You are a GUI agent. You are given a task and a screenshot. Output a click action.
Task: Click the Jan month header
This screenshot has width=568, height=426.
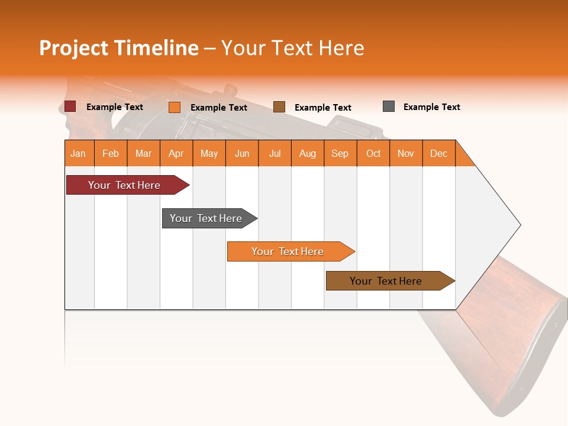(x=79, y=153)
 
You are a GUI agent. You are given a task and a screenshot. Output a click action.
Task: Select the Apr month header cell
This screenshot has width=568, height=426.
(x=176, y=153)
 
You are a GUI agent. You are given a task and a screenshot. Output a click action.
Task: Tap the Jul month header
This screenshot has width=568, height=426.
(x=275, y=153)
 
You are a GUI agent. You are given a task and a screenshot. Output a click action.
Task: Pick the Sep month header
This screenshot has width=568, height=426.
(x=340, y=153)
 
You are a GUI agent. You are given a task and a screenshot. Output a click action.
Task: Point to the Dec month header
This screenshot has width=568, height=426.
(x=438, y=153)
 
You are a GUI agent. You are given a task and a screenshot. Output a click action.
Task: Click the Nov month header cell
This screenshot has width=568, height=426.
(x=405, y=153)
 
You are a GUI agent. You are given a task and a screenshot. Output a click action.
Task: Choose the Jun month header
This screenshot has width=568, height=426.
(x=242, y=153)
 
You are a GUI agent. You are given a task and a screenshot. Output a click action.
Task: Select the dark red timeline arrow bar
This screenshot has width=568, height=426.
(x=124, y=185)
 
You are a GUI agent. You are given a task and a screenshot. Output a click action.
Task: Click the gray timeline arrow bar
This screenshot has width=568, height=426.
(x=206, y=218)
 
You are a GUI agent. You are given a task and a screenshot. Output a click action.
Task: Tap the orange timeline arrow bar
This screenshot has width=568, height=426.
(x=288, y=251)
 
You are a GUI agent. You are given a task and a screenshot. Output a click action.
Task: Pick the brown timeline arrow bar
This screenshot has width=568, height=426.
(x=386, y=281)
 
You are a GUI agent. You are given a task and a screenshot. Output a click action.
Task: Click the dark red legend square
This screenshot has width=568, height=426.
(x=70, y=106)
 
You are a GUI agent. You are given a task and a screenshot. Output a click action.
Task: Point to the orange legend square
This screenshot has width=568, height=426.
(x=175, y=107)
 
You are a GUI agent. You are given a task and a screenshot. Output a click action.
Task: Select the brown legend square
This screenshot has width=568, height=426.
(x=279, y=107)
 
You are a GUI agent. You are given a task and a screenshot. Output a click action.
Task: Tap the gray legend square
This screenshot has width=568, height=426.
(x=389, y=106)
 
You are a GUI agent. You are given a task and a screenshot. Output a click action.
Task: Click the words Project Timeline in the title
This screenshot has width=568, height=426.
(x=118, y=48)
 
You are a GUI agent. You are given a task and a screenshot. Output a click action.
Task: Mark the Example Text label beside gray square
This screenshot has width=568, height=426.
(x=431, y=107)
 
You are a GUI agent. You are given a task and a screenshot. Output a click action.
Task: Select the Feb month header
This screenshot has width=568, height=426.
(x=111, y=153)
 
